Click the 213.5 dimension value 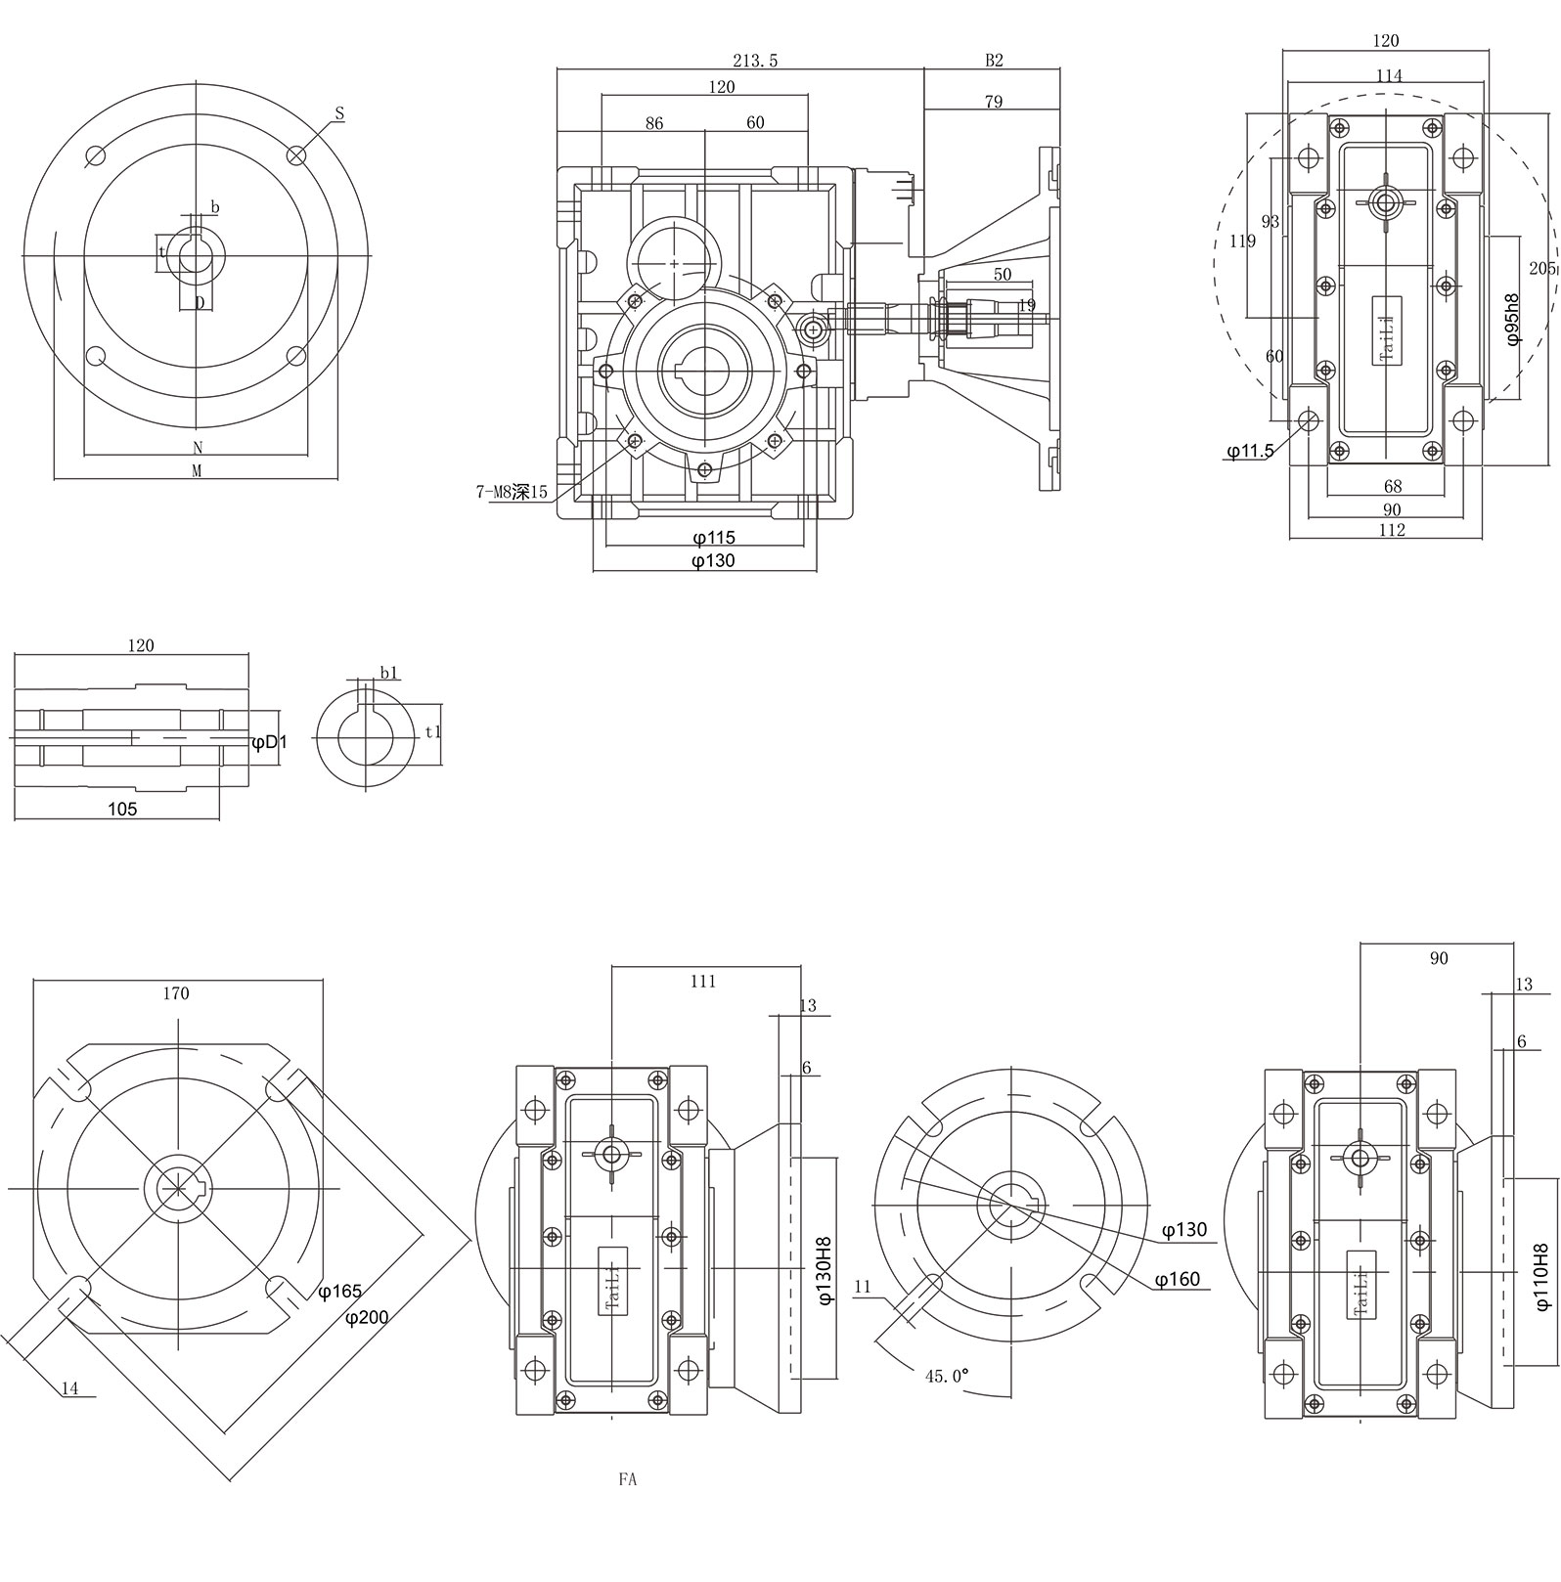pyautogui.click(x=755, y=61)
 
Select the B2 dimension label pyautogui.click(x=994, y=61)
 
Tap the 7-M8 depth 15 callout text pyautogui.click(x=512, y=493)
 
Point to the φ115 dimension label pyautogui.click(x=713, y=538)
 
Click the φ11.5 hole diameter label pyautogui.click(x=1251, y=451)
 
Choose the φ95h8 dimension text pyautogui.click(x=1512, y=319)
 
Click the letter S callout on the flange pyautogui.click(x=339, y=114)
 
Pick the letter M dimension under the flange pyautogui.click(x=196, y=470)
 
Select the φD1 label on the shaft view pyautogui.click(x=269, y=743)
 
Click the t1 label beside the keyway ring pyautogui.click(x=434, y=731)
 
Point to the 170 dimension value pyautogui.click(x=176, y=993)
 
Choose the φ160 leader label pyautogui.click(x=1177, y=1280)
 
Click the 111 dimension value pyautogui.click(x=703, y=982)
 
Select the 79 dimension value pyautogui.click(x=993, y=102)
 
